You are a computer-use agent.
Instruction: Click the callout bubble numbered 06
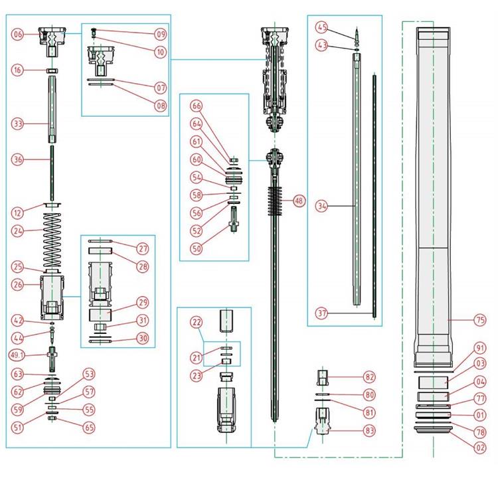18,34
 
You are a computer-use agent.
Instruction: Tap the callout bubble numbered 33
18,124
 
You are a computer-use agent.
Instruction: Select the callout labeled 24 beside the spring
18,231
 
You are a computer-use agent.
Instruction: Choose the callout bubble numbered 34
322,207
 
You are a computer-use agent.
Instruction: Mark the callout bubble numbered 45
322,27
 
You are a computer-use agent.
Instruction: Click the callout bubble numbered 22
196,322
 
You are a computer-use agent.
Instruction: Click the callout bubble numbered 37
322,313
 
